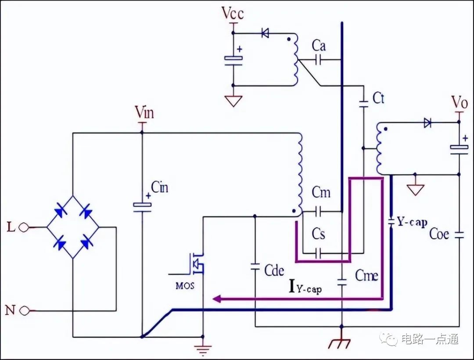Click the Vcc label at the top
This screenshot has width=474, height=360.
pyautogui.click(x=233, y=13)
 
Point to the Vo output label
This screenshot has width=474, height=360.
pyautogui.click(x=460, y=103)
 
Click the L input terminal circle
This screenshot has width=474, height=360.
pyautogui.click(x=24, y=228)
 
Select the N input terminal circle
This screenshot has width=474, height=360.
pyautogui.click(x=25, y=310)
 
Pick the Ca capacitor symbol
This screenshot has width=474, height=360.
pyautogui.click(x=318, y=60)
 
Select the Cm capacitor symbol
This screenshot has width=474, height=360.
pyautogui.click(x=318, y=212)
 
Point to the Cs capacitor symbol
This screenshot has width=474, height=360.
pyautogui.click(x=318, y=253)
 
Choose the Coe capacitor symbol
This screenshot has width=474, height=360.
pyautogui.click(x=459, y=235)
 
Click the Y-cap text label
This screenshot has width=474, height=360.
pyautogui.click(x=412, y=222)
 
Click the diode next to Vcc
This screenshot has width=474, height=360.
pyautogui.click(x=265, y=33)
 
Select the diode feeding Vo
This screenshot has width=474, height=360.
pyautogui.click(x=427, y=123)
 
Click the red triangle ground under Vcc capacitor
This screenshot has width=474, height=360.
pyautogui.click(x=233, y=101)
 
